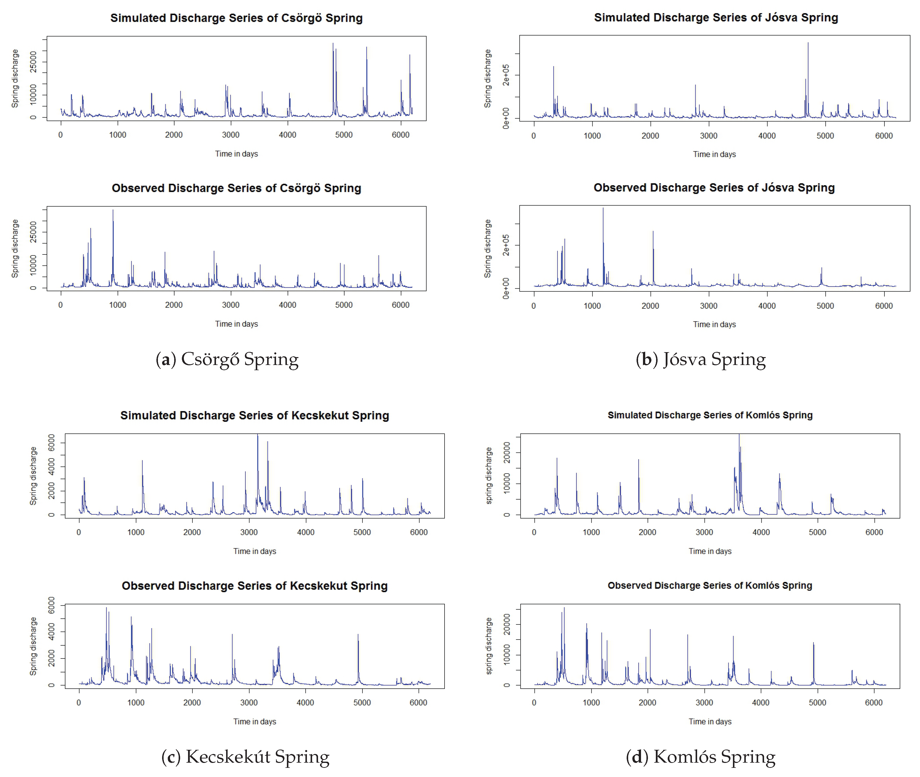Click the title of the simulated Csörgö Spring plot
236,18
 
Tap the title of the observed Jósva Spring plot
714,188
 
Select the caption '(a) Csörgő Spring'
227,359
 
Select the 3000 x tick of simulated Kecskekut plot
249,532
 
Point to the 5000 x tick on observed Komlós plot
817,703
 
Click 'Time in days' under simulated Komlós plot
710,551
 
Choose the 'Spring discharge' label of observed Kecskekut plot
33,646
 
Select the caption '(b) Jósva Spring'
700,359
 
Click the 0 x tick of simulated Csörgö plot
61,135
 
